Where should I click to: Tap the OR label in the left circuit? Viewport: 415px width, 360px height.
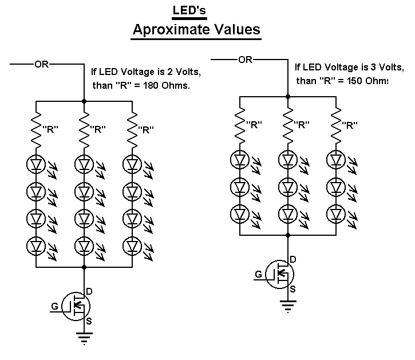(x=42, y=64)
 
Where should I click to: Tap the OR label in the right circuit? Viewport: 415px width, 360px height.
(x=245, y=58)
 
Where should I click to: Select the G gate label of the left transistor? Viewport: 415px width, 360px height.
(x=54, y=306)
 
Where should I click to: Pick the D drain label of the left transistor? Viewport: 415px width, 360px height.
(x=90, y=291)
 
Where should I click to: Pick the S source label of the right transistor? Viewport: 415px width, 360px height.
(x=293, y=289)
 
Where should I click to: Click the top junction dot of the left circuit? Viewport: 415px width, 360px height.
(x=85, y=101)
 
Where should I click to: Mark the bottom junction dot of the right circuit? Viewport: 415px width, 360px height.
(x=288, y=235)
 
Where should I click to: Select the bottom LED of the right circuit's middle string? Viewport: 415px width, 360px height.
(x=288, y=213)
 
